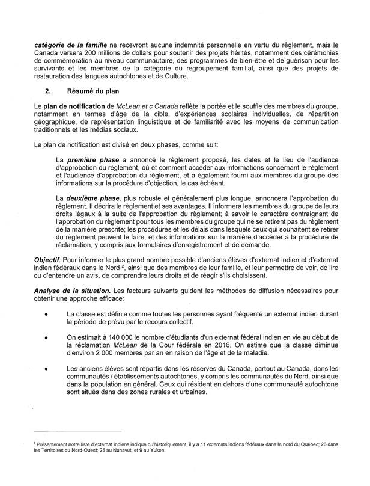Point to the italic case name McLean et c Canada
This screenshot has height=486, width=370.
[130, 105]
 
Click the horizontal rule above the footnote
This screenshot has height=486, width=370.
[78, 432]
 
